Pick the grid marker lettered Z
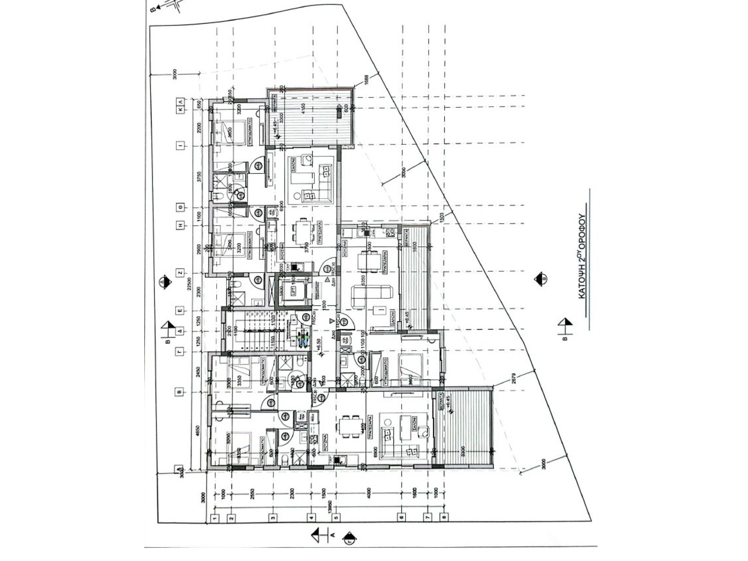(x=179, y=272)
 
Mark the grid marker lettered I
(x=179, y=146)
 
